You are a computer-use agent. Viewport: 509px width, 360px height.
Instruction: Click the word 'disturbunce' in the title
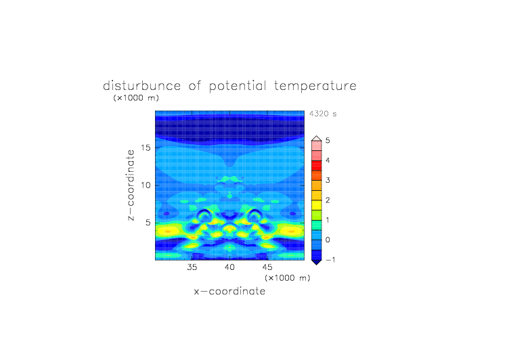tap(142, 86)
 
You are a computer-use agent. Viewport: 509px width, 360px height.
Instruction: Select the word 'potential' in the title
tap(238, 87)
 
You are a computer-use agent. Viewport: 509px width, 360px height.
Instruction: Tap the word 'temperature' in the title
tap(315, 87)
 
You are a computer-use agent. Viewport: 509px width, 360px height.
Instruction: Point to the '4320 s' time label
tap(323, 114)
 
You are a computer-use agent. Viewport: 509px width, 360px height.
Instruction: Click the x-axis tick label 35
tap(192, 267)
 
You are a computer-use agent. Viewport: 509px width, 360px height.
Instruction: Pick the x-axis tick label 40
tap(229, 267)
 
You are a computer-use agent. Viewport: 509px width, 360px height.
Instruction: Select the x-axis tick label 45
tap(267, 267)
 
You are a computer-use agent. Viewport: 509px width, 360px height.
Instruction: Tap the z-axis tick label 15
tap(146, 148)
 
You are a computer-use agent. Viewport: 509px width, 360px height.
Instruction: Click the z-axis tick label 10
tap(146, 185)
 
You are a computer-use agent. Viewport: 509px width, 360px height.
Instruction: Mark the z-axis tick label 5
tap(148, 223)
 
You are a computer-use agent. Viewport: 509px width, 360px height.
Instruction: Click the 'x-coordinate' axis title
tap(229, 291)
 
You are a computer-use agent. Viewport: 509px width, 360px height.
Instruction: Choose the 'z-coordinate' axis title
tap(131, 185)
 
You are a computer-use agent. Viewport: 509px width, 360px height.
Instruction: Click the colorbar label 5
tap(328, 141)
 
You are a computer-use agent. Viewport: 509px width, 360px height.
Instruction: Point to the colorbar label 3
tap(328, 180)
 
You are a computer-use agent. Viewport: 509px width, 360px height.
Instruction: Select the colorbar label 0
tap(328, 240)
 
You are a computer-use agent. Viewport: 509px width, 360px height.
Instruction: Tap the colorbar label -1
tap(330, 260)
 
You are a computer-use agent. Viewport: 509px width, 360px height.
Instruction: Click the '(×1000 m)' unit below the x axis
tap(287, 278)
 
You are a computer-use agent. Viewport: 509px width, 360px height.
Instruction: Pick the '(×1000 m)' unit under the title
tap(136, 97)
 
